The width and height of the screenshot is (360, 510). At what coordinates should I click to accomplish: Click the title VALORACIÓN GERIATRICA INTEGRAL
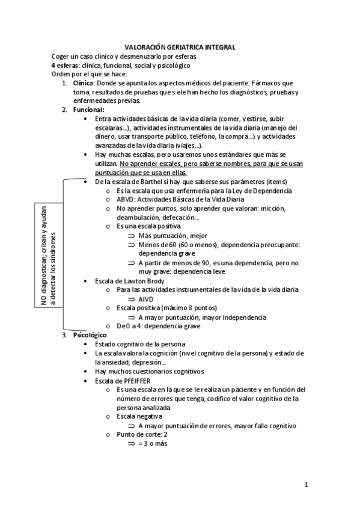coord(180,46)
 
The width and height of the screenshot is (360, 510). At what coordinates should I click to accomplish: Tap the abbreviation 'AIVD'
coord(146,299)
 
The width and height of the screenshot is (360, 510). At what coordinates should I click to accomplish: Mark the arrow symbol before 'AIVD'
coord(132,299)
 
